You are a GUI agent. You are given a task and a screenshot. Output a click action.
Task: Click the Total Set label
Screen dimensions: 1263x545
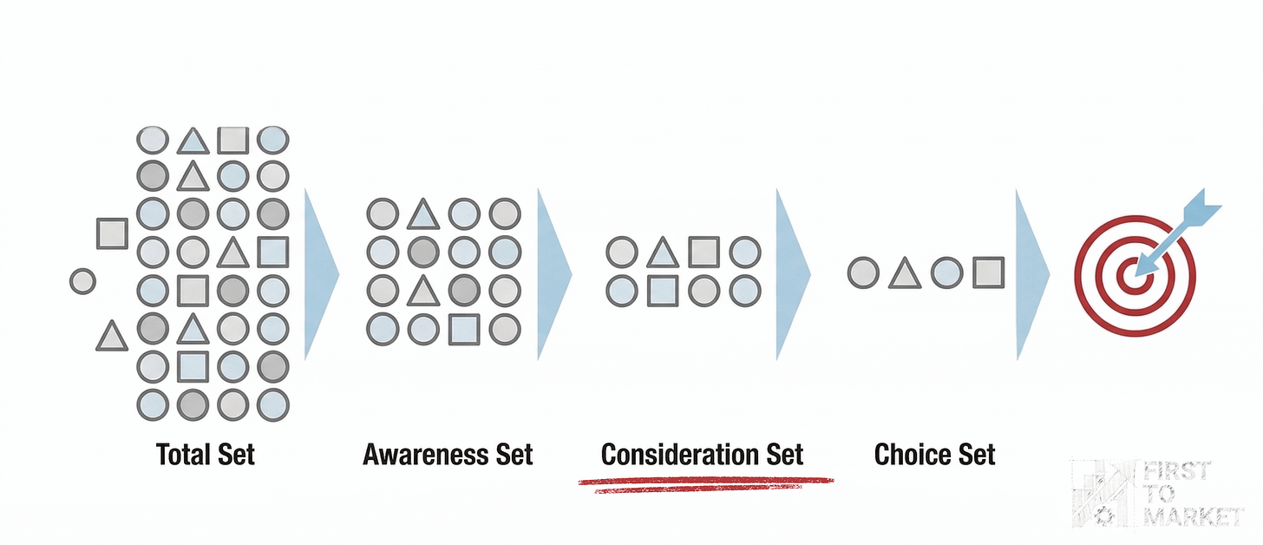206,454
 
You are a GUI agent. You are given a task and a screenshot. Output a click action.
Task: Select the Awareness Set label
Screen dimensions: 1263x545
448,454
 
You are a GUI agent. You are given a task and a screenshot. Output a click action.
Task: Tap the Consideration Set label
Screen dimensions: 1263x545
702,454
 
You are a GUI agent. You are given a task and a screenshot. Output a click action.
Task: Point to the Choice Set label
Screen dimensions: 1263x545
934,454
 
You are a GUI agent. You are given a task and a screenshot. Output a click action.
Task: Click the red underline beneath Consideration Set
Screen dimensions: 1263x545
704,482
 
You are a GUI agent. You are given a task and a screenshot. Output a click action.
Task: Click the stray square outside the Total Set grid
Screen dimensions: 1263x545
112,233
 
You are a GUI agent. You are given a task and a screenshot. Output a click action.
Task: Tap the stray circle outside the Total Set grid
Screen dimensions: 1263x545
82,281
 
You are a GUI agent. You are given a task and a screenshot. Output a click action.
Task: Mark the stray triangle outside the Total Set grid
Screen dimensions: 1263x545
111,336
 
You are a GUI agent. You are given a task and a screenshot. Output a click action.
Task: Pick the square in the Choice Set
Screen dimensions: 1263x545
988,272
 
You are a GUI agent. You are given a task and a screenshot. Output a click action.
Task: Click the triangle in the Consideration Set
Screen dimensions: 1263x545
663,253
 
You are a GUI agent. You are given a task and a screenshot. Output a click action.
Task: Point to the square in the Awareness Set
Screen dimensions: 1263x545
464,327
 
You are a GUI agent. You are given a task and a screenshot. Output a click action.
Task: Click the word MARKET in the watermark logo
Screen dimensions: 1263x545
1205,517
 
